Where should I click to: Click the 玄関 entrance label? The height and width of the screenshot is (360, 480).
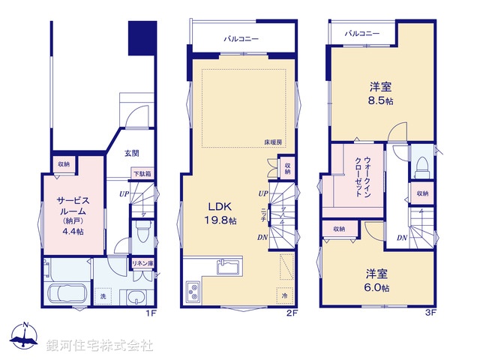click(x=131, y=153)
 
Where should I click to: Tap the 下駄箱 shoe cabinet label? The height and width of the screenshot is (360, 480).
click(x=142, y=174)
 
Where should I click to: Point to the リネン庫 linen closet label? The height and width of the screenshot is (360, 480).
click(x=142, y=262)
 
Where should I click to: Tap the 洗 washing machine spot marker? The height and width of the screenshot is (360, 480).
click(x=103, y=298)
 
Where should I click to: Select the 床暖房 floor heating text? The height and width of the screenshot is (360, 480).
click(x=273, y=142)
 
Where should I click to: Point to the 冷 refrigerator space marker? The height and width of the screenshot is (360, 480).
click(x=285, y=295)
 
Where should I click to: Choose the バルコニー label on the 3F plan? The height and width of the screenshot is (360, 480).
click(x=362, y=34)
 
